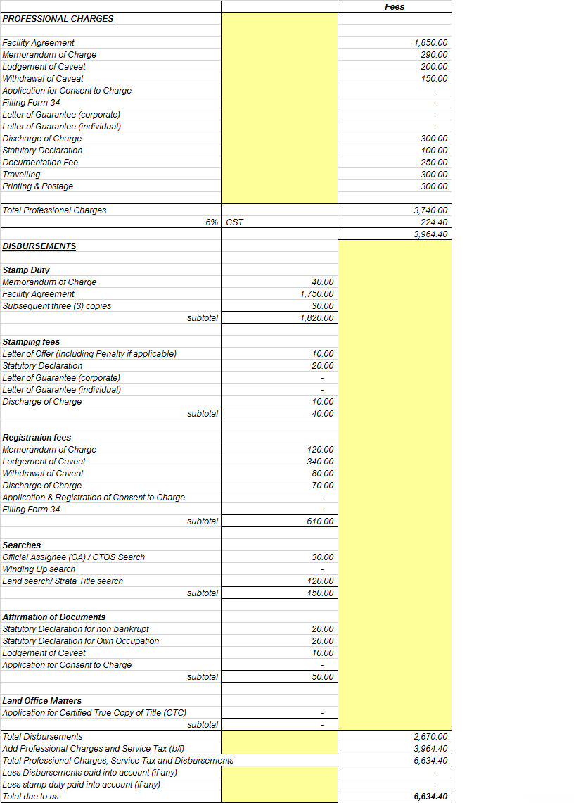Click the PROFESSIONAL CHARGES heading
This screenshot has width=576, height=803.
coord(58,19)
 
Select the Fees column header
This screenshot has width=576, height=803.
coord(395,6)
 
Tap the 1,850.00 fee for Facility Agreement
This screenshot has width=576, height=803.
coord(430,43)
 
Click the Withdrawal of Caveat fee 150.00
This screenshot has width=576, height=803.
coord(434,79)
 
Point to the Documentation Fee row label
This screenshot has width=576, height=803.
coord(40,163)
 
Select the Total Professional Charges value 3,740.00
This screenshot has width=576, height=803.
coord(430,210)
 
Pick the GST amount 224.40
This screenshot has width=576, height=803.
coord(433,222)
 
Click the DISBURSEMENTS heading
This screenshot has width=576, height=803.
coord(39,246)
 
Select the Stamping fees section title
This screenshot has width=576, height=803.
coord(31,342)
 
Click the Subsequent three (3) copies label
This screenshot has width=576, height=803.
coord(57,306)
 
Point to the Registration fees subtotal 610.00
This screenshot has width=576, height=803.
coord(321,521)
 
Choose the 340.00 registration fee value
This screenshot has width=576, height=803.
coord(321,462)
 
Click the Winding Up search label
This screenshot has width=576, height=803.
coord(39,569)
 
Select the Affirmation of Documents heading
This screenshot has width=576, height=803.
coord(54,617)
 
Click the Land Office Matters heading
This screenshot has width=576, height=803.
coord(42,701)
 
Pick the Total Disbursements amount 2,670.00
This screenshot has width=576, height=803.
coord(430,737)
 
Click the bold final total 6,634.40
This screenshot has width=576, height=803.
coord(430,797)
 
